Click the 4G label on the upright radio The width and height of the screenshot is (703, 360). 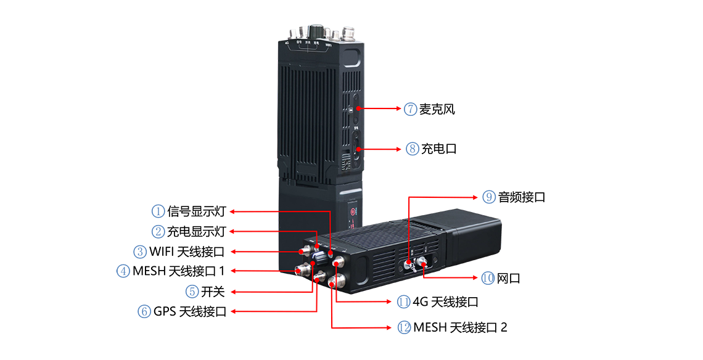click(287, 43)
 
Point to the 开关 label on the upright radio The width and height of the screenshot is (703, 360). click(308, 43)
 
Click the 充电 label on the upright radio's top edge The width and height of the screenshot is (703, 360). click(316, 43)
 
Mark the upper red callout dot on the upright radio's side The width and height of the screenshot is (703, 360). click(358, 109)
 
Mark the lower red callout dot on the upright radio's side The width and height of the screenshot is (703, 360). click(358, 149)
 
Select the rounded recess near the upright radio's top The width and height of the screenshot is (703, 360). click(352, 59)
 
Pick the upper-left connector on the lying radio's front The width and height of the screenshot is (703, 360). click(304, 251)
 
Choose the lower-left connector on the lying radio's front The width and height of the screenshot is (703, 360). click(302, 269)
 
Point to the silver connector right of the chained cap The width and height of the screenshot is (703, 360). click(424, 264)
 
